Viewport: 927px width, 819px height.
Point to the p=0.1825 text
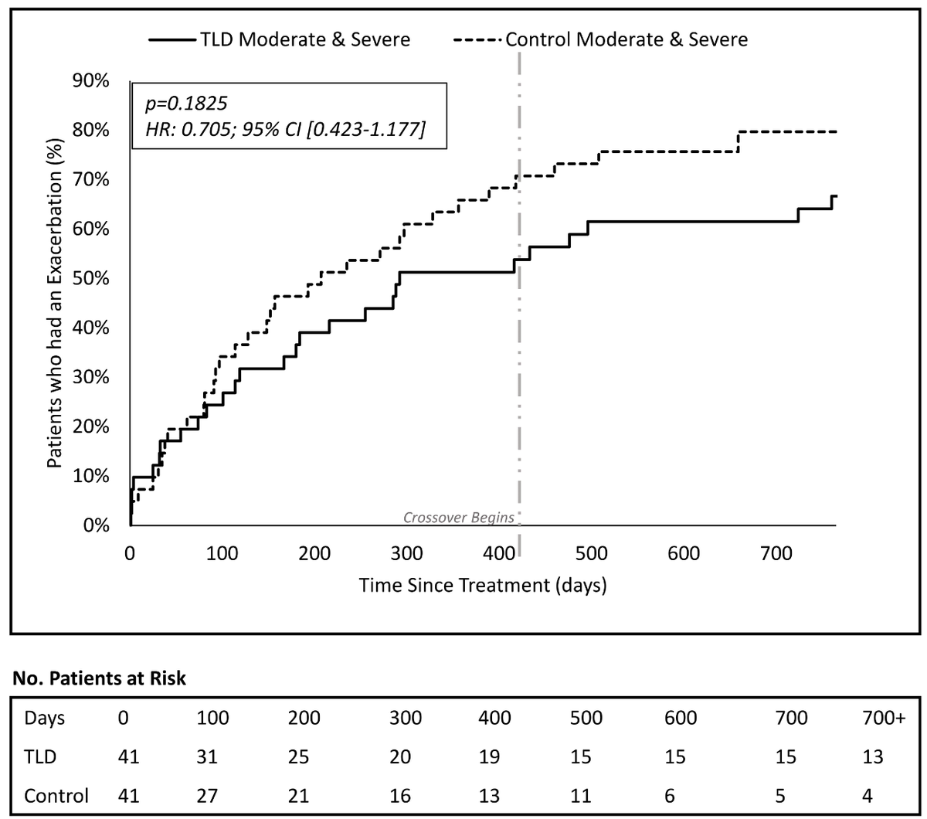pyautogui.click(x=176, y=102)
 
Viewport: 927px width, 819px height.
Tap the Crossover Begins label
pyautogui.click(x=459, y=517)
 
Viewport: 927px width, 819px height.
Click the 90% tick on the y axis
pyautogui.click(x=91, y=80)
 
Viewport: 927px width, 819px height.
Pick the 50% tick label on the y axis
pyautogui.click(x=91, y=278)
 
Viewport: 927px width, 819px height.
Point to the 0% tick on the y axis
pyautogui.click(x=97, y=525)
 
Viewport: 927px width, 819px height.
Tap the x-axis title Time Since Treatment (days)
pyautogui.click(x=483, y=585)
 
